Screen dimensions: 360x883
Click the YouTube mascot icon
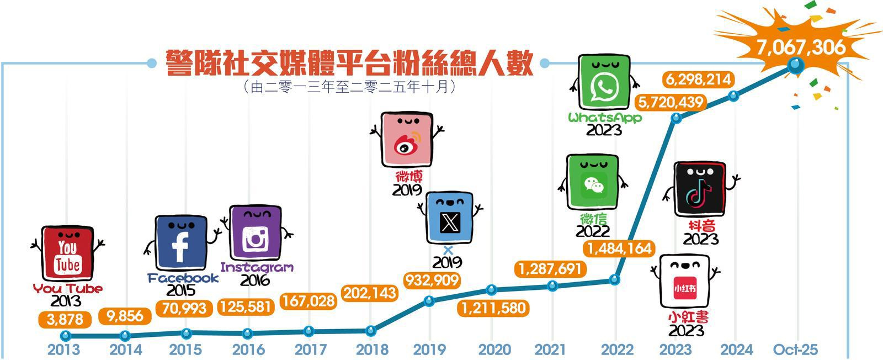pyautogui.click(x=67, y=253)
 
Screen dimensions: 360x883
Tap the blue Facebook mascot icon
pyautogui.click(x=180, y=242)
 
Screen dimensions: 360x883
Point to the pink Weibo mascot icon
pyautogui.click(x=407, y=140)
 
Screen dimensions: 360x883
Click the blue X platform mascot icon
pyautogui.click(x=450, y=218)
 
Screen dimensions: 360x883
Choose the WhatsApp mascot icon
pyautogui.click(x=604, y=83)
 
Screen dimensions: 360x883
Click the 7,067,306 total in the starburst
pyautogui.click(x=800, y=47)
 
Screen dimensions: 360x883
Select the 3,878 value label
pyautogui.click(x=65, y=319)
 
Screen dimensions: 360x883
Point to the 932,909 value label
pyautogui.click(x=432, y=280)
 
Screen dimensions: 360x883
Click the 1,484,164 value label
pyautogui.click(x=620, y=248)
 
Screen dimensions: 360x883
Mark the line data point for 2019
pyautogui.click(x=430, y=301)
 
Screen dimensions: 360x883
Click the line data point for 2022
pyautogui.click(x=615, y=280)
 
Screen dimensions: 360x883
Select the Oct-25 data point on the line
pyautogui.click(x=795, y=66)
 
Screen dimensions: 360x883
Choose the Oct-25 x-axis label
pyautogui.click(x=795, y=350)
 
